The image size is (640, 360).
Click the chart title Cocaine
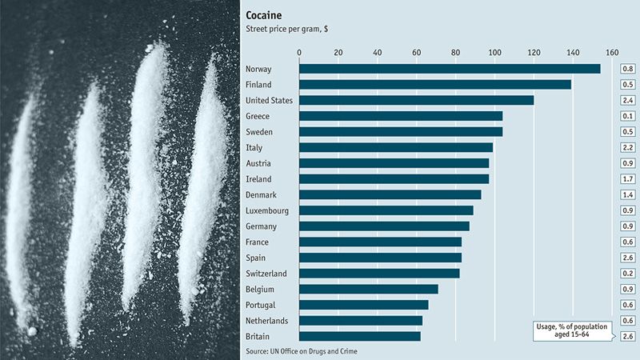tap(268, 14)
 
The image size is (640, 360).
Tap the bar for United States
tap(416, 100)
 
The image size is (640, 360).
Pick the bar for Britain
tap(359, 336)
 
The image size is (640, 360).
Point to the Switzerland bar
tap(379, 274)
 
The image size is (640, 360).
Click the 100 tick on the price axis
tap(494, 53)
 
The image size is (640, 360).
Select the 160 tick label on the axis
tap(612, 53)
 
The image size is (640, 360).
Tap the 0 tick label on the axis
tap(299, 53)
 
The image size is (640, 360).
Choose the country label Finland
tap(259, 85)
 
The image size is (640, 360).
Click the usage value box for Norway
tap(628, 69)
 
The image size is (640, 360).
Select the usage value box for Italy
tap(628, 147)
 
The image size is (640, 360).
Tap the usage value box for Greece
tap(628, 116)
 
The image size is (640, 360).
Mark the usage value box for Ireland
tap(628, 179)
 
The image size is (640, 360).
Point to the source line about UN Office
tap(302, 351)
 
